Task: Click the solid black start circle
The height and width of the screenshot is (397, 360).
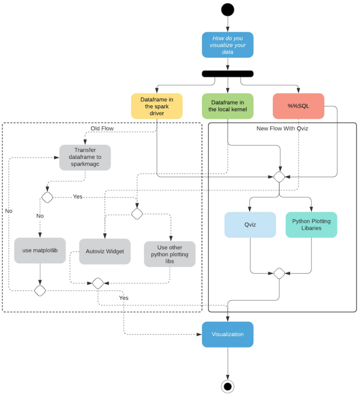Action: coord(228,9)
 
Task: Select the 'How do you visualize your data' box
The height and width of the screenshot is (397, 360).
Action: coord(228,45)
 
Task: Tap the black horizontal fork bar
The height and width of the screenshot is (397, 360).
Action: coord(228,74)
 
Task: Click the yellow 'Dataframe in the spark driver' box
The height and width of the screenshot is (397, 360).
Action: coord(157,106)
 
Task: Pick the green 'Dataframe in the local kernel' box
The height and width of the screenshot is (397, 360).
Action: coord(228,106)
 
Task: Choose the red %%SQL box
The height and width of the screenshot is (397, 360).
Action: coord(298,106)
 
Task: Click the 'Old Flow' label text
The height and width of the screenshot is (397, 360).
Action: coord(102,128)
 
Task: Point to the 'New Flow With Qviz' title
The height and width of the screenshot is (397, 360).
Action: coord(282,129)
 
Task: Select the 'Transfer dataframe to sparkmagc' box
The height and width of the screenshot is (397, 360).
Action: coord(85,157)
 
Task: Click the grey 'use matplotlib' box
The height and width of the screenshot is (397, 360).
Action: coord(40,250)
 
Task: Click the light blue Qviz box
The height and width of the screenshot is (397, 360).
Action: coord(250,225)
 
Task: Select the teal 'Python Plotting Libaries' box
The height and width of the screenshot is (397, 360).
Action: coord(311,225)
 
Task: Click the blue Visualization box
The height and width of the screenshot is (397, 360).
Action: coord(228,335)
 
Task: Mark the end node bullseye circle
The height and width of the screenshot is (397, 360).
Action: coord(228,386)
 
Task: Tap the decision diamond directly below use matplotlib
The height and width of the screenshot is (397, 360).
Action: coord(40,290)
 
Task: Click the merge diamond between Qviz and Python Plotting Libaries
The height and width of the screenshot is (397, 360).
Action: coord(279,272)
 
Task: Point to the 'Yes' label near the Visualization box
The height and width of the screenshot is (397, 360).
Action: coord(124,298)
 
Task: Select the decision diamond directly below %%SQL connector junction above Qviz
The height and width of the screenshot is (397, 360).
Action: coord(279,176)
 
